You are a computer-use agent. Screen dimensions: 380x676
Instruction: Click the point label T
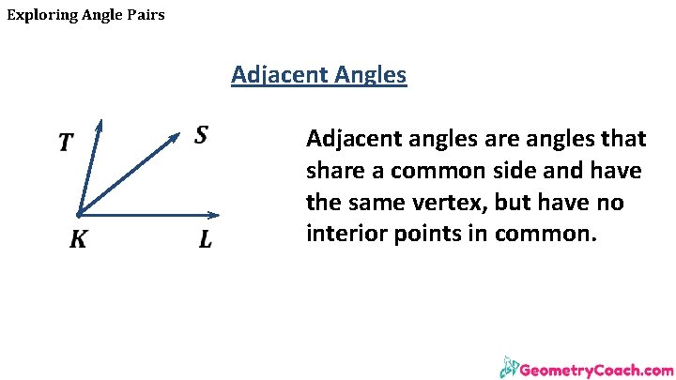(66, 143)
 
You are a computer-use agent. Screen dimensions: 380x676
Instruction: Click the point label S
(201, 136)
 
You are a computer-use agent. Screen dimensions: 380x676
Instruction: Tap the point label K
(78, 240)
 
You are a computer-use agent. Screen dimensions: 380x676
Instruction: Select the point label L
(206, 240)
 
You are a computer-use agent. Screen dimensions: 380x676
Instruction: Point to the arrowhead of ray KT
(99, 124)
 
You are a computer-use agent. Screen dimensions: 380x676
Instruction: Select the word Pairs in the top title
(145, 15)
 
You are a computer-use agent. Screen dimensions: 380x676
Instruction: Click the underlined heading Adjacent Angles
(318, 74)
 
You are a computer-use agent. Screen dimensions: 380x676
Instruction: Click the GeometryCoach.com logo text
(595, 370)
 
